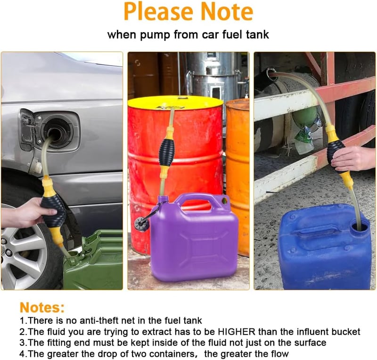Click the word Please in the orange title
pyautogui.click(x=158, y=11)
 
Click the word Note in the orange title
pyautogui.click(x=227, y=11)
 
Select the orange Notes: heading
pyautogui.click(x=42, y=307)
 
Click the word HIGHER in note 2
pyautogui.click(x=237, y=332)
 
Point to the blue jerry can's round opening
pyautogui.click(x=359, y=226)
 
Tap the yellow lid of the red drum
pyautogui.click(x=175, y=102)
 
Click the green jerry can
pyautogui.click(x=93, y=261)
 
